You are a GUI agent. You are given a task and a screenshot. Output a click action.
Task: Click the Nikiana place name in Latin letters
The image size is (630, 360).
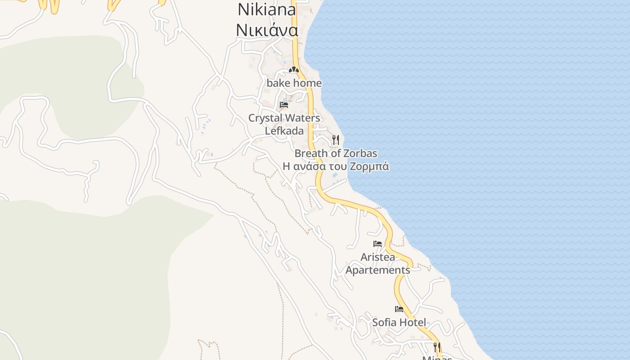[x=267, y=9]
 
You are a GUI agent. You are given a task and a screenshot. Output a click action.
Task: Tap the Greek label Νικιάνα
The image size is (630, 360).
[x=267, y=30]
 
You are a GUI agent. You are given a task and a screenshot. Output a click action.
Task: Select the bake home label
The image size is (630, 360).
[x=294, y=83]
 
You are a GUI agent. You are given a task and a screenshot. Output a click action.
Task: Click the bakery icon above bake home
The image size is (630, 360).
[x=294, y=70]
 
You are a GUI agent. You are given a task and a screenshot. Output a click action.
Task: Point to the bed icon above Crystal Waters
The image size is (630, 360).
[x=284, y=105]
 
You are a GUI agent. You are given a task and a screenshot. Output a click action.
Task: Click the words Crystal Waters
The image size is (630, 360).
[x=284, y=118]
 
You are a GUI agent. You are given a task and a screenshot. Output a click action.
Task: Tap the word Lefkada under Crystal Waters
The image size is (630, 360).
[x=284, y=131]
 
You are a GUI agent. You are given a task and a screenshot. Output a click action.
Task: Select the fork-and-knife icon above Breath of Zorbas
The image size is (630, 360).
[x=335, y=139]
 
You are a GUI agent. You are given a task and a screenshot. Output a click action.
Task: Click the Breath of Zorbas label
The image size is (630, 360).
[x=336, y=153]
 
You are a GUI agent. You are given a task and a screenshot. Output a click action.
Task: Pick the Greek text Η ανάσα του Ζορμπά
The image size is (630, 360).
[x=336, y=166]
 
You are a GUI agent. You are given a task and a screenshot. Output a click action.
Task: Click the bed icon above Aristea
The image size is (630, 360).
[x=378, y=244]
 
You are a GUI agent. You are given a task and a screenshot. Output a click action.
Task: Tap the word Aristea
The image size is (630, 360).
[x=378, y=257]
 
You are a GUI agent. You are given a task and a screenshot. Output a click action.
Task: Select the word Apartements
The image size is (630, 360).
[x=378, y=270]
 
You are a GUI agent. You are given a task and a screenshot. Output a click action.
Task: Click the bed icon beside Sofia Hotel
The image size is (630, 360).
[x=399, y=309]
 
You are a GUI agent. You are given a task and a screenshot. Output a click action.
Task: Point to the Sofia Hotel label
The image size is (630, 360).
[x=399, y=323]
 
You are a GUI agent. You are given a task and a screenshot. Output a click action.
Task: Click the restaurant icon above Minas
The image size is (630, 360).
[x=436, y=347]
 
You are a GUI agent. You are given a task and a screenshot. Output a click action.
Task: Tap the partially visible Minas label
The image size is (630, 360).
[x=437, y=358]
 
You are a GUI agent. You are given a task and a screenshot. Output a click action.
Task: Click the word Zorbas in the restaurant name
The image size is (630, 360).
[x=360, y=153]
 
